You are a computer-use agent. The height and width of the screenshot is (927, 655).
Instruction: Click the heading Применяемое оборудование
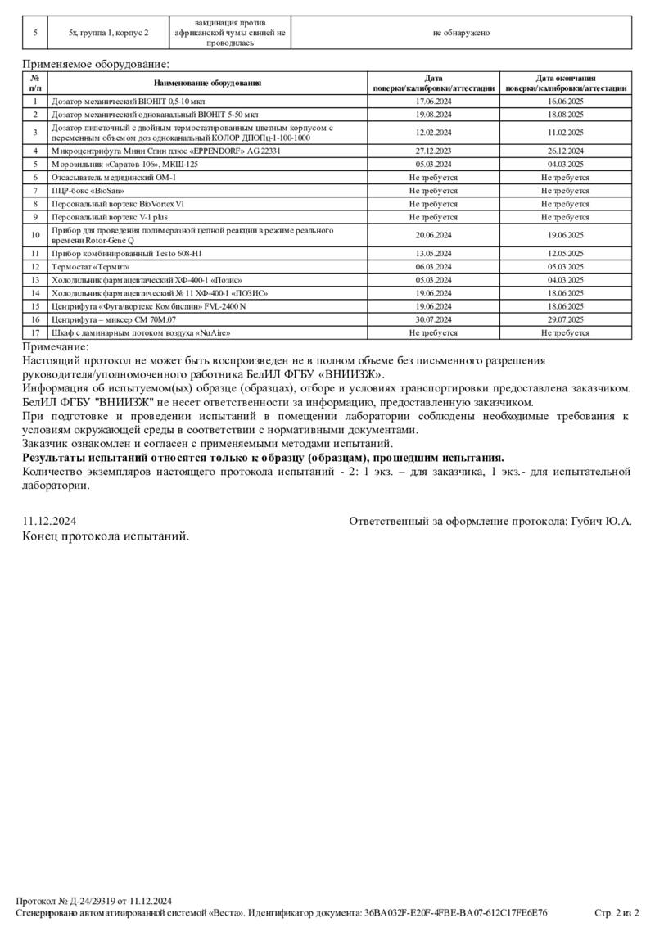tap(96, 63)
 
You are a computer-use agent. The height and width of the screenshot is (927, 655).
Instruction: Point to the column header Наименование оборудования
tap(207, 83)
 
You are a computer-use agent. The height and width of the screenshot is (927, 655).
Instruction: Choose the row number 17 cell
tap(35, 333)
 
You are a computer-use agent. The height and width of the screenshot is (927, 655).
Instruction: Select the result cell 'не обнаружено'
tap(461, 33)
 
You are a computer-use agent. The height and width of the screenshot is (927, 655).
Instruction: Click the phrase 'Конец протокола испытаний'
tap(106, 536)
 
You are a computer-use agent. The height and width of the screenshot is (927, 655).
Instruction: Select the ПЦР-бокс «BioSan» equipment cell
tap(83, 191)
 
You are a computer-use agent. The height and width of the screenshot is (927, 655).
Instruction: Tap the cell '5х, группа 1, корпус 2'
tap(109, 33)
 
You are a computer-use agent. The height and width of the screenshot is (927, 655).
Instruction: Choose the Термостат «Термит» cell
tap(91, 266)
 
